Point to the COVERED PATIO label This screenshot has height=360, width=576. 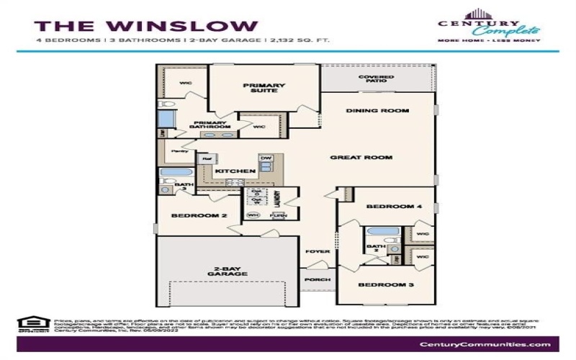[377, 80]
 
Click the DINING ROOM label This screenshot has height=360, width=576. [377, 111]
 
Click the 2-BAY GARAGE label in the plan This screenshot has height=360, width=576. [225, 272]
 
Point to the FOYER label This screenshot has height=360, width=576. [317, 251]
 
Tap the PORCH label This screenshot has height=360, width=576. [318, 279]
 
